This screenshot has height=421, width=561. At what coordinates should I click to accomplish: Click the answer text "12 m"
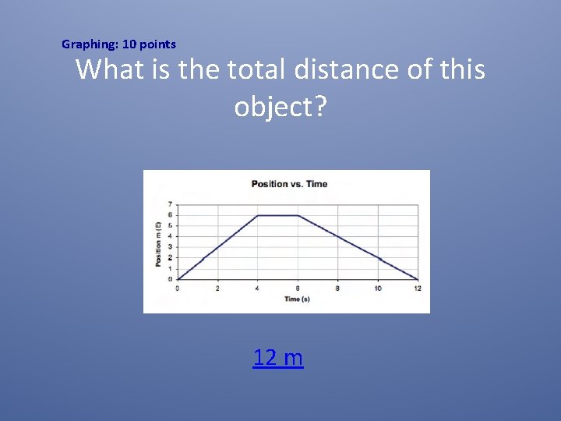(x=278, y=358)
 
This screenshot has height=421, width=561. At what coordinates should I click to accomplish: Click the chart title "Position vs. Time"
(x=289, y=184)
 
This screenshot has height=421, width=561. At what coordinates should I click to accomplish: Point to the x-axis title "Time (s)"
(x=298, y=299)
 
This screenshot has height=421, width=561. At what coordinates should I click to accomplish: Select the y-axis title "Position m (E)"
(x=159, y=242)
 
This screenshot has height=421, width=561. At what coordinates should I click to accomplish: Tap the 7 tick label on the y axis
(x=170, y=204)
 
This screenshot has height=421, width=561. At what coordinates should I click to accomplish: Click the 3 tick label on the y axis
(x=170, y=247)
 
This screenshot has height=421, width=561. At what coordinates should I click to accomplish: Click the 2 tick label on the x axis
(x=217, y=288)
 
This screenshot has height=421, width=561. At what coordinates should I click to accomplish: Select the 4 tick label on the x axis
(x=258, y=288)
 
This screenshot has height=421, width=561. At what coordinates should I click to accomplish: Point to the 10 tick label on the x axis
(x=378, y=288)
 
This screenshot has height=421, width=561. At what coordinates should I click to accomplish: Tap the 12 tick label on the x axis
(x=418, y=288)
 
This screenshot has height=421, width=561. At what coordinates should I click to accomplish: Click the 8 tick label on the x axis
(x=337, y=288)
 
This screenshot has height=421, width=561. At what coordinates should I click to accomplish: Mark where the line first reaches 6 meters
(x=258, y=215)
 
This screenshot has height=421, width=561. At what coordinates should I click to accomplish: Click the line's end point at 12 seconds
(x=418, y=279)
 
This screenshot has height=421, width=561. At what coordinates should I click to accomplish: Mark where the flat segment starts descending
(x=298, y=215)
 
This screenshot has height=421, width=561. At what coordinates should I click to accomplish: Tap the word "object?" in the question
(x=280, y=108)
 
